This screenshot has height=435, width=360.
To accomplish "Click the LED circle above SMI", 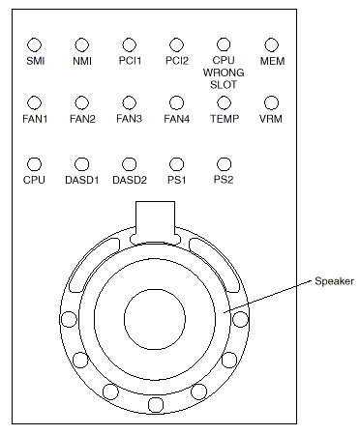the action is click(34, 44).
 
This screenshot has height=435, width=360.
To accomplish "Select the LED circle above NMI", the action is click(81, 44).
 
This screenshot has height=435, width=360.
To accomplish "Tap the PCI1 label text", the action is click(130, 61).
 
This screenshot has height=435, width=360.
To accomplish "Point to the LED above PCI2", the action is click(176, 44).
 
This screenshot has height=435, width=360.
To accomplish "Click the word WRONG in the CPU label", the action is click(224, 72).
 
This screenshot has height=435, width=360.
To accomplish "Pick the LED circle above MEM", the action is click(271, 44).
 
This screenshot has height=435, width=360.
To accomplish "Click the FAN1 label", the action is click(35, 119).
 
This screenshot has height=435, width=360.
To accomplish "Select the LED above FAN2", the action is click(81, 103).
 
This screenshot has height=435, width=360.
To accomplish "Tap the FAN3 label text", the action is click(129, 119).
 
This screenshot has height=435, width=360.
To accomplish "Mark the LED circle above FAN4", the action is click(176, 103).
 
